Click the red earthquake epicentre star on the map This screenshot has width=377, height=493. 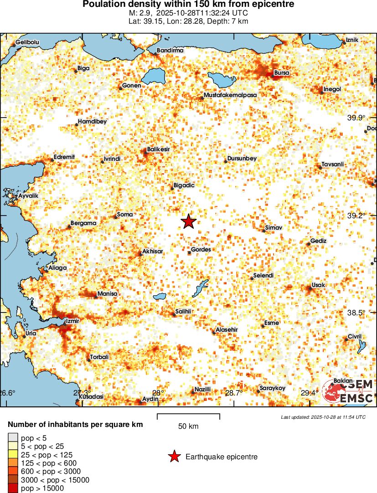(x=188, y=221)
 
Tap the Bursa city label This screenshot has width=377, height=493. (x=281, y=73)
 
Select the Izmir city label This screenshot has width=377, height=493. (x=73, y=321)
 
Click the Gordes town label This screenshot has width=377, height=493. (x=201, y=250)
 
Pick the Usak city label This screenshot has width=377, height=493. (x=318, y=285)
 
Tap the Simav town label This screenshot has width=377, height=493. (x=274, y=227)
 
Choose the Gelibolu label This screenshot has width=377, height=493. (x=28, y=42)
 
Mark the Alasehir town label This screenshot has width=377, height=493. (x=227, y=329)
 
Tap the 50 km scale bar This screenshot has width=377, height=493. (x=188, y=416)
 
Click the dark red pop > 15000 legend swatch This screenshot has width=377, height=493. (x=13, y=488)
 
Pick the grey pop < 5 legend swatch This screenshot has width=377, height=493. (x=13, y=438)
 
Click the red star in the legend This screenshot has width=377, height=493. (x=173, y=457)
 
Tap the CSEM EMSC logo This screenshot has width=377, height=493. (x=349, y=392)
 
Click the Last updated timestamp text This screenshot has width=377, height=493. (x=323, y=417)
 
